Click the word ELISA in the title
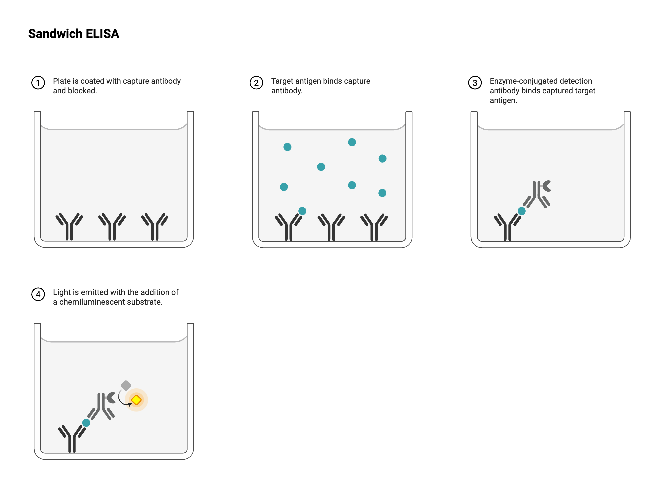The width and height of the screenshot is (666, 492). click(102, 34)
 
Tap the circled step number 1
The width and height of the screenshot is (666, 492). click(38, 83)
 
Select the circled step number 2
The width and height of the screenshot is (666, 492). click(256, 83)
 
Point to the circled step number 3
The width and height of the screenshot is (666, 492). click(475, 83)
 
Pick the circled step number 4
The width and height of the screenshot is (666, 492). click(38, 294)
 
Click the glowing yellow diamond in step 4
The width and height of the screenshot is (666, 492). click(136, 400)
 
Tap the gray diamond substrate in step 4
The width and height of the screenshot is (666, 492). click(126, 386)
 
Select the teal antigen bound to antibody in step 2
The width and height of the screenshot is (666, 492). click(302, 211)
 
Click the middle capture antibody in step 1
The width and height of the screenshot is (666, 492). click(112, 227)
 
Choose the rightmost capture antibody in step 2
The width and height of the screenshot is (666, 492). click(374, 227)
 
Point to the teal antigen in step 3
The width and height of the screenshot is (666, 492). click(522, 211)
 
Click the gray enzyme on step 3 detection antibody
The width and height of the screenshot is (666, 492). click(546, 186)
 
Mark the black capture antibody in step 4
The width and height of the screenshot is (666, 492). click(72, 439)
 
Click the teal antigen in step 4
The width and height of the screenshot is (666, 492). click(86, 423)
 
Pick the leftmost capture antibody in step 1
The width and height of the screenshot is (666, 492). click(69, 227)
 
